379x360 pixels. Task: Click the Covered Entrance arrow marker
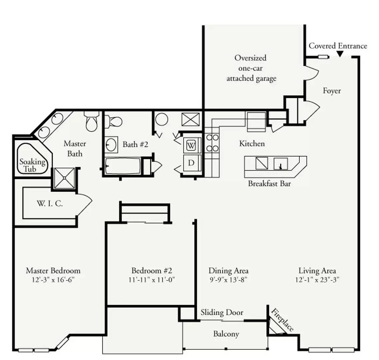[340, 54]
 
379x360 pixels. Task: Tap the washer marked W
[191, 146]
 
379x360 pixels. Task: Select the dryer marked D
[191, 163]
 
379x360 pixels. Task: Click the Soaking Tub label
[32, 165]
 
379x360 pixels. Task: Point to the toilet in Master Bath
[92, 121]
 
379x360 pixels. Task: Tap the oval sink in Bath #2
[111, 145]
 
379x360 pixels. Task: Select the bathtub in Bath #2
[123, 166]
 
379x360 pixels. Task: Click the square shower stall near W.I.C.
[65, 178]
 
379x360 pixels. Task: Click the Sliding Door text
[222, 312]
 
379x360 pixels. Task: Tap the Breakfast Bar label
[269, 184]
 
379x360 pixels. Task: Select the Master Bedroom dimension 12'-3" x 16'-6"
[53, 280]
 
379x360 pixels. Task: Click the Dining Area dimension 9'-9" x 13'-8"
[228, 280]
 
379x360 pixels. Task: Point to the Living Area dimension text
[317, 280]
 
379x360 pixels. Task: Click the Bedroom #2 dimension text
[152, 280]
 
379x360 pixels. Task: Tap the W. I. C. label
[50, 204]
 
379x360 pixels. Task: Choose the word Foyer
[332, 91]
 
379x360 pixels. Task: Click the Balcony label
[226, 334]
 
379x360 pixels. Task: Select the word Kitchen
[252, 144]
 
